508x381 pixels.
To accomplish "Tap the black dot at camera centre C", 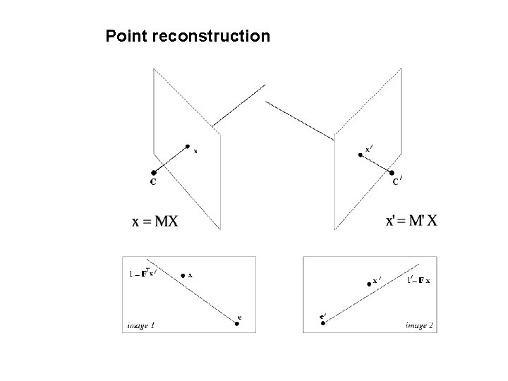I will pyautogui.click(x=153, y=172).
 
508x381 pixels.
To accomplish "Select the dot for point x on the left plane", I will pyautogui.click(x=188, y=147).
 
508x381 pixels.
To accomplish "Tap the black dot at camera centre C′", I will pyautogui.click(x=391, y=171).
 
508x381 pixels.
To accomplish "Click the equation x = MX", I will pyautogui.click(x=155, y=222).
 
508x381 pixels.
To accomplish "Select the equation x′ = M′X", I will pyautogui.click(x=411, y=221).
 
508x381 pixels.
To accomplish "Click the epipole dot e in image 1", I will pyautogui.click(x=237, y=324).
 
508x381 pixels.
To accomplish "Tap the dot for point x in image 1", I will pyautogui.click(x=183, y=274).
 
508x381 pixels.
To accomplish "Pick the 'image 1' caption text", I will pyautogui.click(x=141, y=325).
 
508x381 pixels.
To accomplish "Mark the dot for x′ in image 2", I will pyautogui.click(x=369, y=284).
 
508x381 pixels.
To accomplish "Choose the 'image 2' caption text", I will pyautogui.click(x=420, y=325).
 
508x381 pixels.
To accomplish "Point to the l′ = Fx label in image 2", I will pyautogui.click(x=419, y=280).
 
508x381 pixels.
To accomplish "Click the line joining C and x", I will pyautogui.click(x=170, y=159).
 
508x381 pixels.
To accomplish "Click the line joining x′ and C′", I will pyautogui.click(x=375, y=162).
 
